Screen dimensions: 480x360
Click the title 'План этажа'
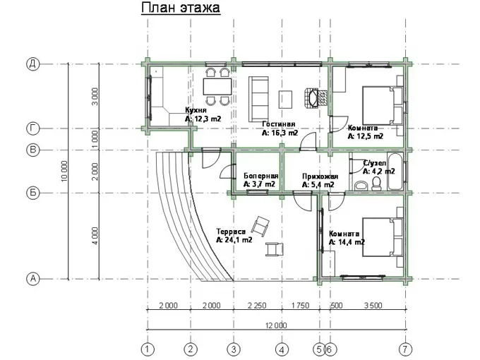pyautogui.click(x=181, y=8)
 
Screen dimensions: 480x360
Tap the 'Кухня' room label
pyautogui.click(x=196, y=110)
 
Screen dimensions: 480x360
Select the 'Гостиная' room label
pyautogui.click(x=279, y=124)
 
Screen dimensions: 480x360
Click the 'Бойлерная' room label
pyautogui.click(x=260, y=176)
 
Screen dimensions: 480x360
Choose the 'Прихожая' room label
pyautogui.click(x=320, y=176)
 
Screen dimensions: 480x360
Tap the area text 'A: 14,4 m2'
pyautogui.click(x=347, y=242)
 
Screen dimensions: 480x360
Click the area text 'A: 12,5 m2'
pyautogui.click(x=366, y=136)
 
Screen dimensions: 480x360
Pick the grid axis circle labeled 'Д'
pyautogui.click(x=32, y=64)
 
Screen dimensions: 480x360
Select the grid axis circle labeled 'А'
pyautogui.click(x=32, y=279)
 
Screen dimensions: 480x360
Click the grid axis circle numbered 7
pyautogui.click(x=406, y=349)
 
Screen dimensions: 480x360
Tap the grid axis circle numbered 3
pyautogui.click(x=234, y=349)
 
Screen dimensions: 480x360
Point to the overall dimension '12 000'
pyautogui.click(x=276, y=325)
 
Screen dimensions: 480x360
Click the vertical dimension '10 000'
pyautogui.click(x=64, y=172)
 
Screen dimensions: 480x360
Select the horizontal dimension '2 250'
pyautogui.click(x=257, y=306)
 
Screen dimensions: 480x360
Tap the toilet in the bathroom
pyautogui.click(x=376, y=183)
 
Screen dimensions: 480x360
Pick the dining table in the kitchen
pyautogui.click(x=217, y=87)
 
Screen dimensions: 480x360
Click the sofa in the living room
pyautogui.click(x=258, y=100)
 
